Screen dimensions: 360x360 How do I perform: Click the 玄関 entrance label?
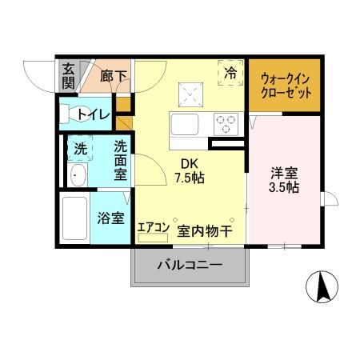[x=69, y=76]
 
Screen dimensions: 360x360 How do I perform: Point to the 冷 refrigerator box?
[x=230, y=73]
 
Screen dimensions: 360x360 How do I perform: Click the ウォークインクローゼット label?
[x=284, y=86]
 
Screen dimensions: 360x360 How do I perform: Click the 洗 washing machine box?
[x=80, y=148]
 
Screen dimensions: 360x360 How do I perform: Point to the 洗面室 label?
[x=120, y=159]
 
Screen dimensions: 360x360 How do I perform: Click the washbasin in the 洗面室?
[x=78, y=176]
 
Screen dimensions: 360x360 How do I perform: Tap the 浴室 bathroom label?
[x=110, y=217]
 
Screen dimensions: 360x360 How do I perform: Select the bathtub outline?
[x=74, y=217]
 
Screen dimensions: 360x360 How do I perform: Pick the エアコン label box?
[x=153, y=228]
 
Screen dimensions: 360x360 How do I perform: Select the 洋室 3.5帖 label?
[x=284, y=178]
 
